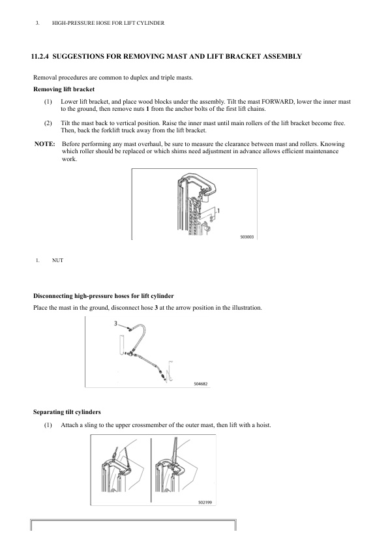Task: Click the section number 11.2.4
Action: pos(40,56)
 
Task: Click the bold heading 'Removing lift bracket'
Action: pos(64,89)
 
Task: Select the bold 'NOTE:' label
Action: pos(45,144)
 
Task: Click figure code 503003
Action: pos(247,237)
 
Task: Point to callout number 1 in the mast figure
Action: pos(218,211)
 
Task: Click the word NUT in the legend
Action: pos(57,260)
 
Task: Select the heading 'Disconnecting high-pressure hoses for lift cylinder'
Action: pos(103,296)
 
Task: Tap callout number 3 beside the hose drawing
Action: pos(115,323)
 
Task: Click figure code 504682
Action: pos(201,384)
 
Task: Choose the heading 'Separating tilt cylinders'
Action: pos(67,412)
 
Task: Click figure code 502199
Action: pos(205,503)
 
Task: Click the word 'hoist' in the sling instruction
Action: pos(263,425)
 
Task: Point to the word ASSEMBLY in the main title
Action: pos(282,56)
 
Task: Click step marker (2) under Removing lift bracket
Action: pos(48,123)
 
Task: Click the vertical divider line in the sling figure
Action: pos(151,470)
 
